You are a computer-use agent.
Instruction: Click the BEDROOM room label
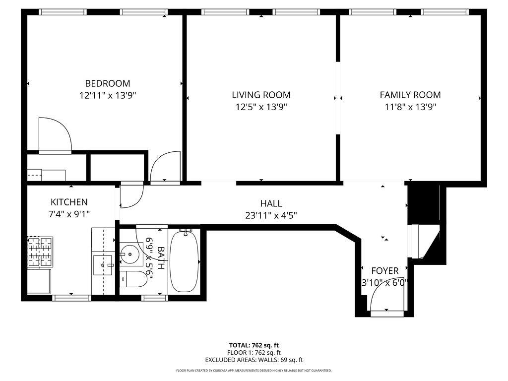108,83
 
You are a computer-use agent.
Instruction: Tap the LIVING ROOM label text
261,95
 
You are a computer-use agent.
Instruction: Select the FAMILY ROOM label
410,95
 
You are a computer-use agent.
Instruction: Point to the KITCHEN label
69,202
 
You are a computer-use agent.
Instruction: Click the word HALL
271,203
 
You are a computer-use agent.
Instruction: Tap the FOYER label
385,271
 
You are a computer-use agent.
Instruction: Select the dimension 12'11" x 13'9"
108,95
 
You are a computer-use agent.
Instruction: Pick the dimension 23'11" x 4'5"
271,215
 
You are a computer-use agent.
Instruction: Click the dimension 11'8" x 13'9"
410,107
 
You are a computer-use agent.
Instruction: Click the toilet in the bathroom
133,280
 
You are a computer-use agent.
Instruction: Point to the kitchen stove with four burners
40,251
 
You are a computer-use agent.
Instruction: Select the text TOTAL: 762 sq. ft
254,345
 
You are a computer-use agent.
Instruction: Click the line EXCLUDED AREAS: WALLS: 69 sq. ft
254,360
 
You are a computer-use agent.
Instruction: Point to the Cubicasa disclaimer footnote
254,371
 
